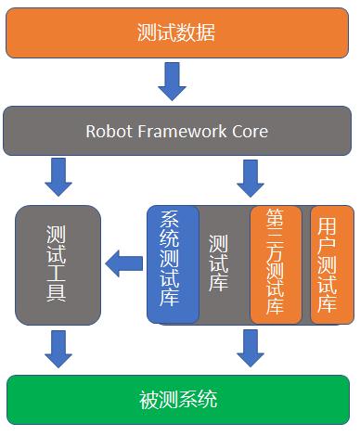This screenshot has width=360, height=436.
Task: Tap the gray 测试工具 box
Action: coord(58,264)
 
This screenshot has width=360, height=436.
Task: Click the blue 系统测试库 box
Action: coord(173,264)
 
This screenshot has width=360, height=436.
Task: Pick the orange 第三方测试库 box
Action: coord(276,264)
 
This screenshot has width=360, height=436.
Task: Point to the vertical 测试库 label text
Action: coord(220,264)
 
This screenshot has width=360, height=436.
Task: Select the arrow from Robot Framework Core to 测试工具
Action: coord(58,177)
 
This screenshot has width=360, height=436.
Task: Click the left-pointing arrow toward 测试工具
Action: coord(123,264)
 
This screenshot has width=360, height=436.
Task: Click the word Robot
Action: coord(109,131)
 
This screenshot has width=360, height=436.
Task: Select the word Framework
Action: coord(182,131)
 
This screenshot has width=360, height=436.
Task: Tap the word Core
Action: coord(249,131)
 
